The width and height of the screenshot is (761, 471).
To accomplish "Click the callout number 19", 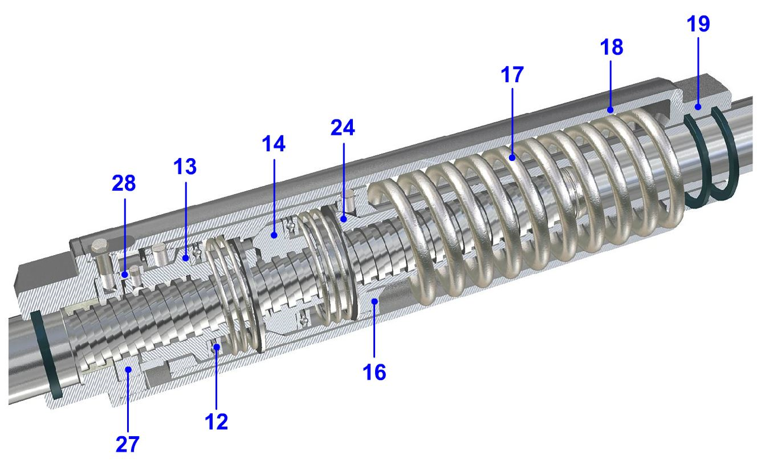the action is coord(698,24).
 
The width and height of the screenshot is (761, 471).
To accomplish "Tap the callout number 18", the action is coord(611,47).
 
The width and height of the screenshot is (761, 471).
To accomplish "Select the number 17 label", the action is coord(512,75).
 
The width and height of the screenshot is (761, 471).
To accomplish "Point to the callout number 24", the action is coord(343,128).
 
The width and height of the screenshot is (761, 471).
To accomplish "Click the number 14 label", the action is coord(274,144).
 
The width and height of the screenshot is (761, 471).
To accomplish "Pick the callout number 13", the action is coord(185,167).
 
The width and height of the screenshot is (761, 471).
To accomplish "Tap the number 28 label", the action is coord(124,183).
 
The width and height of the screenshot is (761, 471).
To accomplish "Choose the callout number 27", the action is coord(128,444).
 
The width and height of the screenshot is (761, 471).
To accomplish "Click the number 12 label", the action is coord(216,422).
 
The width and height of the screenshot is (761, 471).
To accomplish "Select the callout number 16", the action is coord(375,372).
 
